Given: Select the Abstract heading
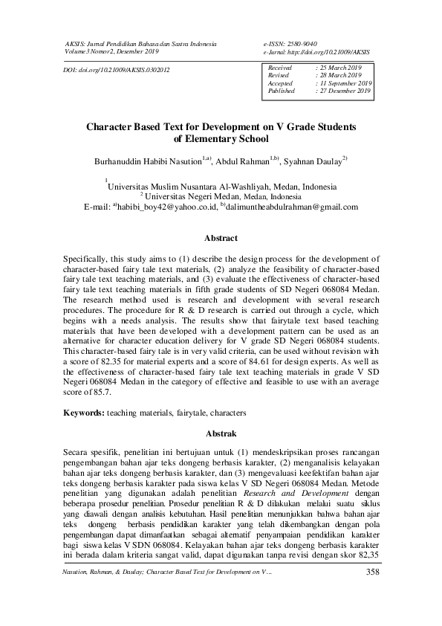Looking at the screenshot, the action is [221, 239].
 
